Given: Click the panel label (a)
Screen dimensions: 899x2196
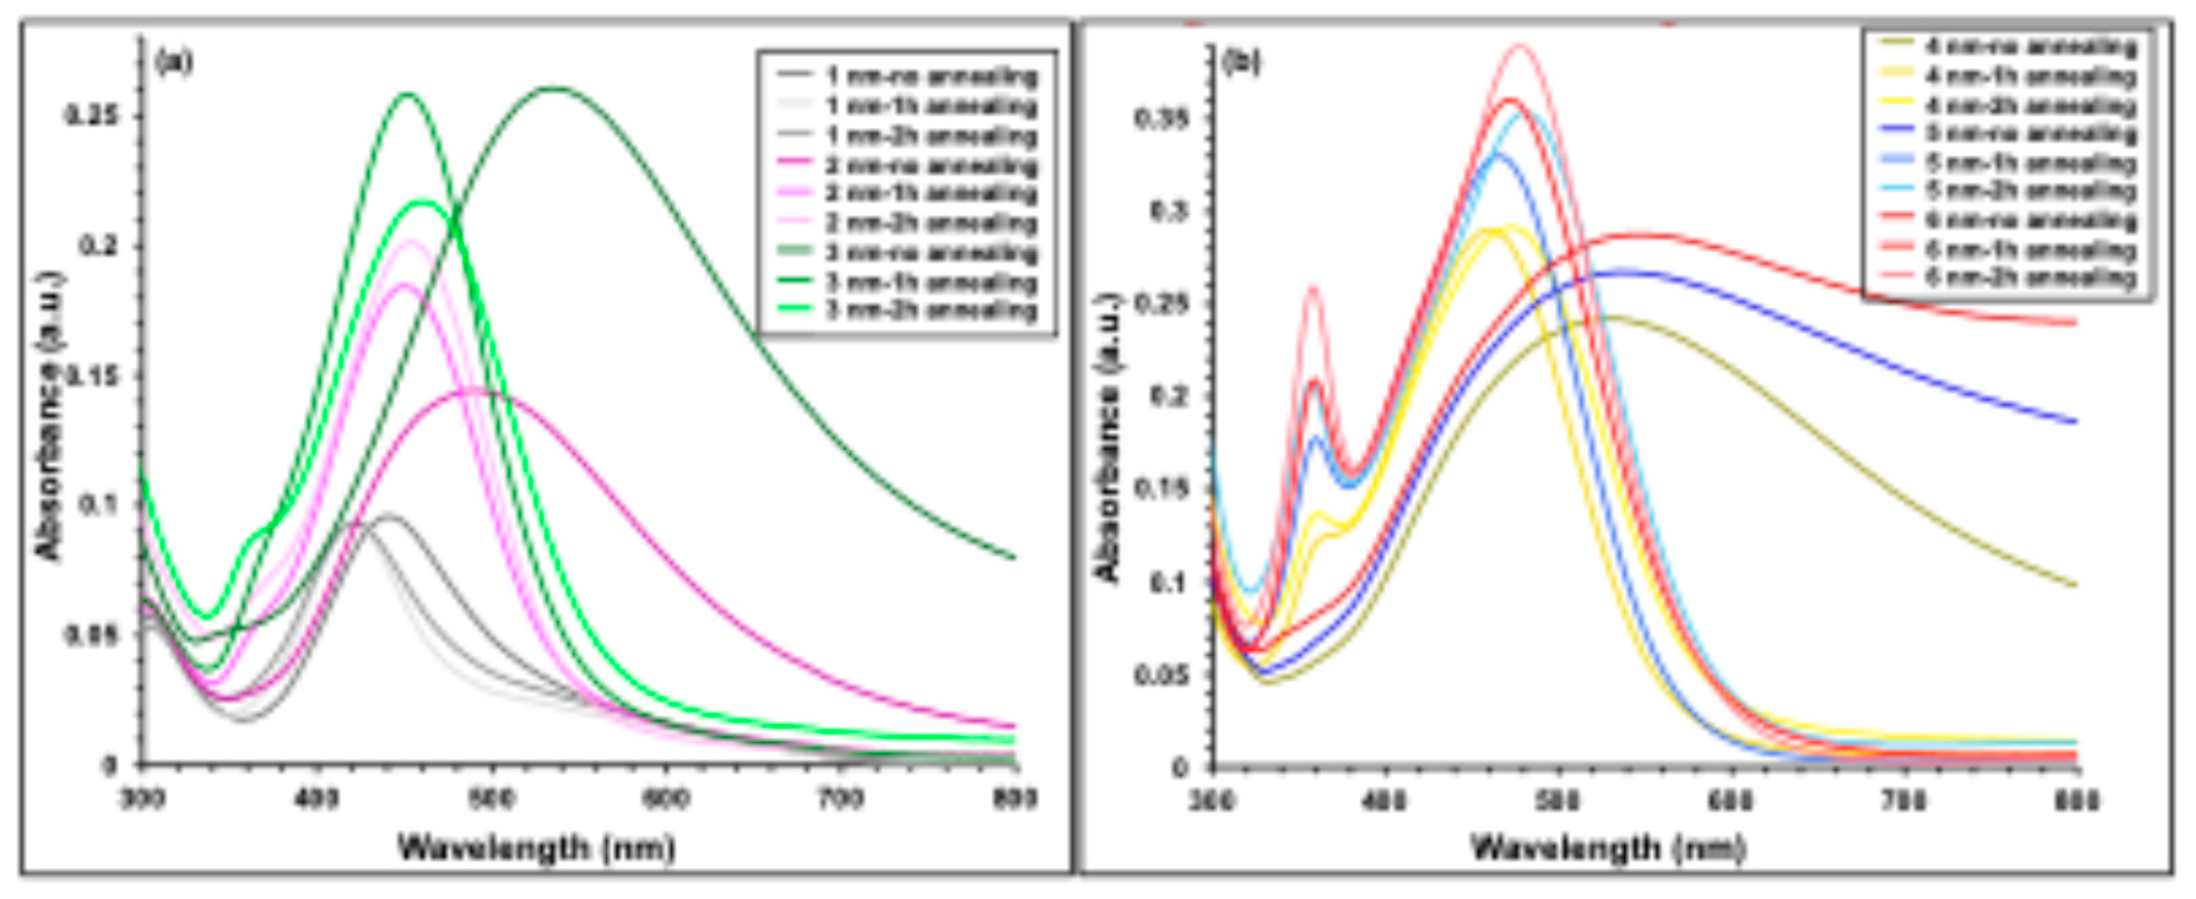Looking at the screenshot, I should pyautogui.click(x=173, y=62).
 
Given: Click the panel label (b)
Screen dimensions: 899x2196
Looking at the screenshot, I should pyautogui.click(x=1242, y=62).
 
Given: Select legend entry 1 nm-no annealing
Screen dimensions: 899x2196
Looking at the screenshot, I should pyautogui.click(x=931, y=77).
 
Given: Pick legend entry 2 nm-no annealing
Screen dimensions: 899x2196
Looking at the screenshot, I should pyautogui.click(x=931, y=165).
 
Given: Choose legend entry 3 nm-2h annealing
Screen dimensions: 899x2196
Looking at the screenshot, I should pyautogui.click(x=931, y=311).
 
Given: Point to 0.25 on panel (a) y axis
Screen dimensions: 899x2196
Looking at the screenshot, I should pyautogui.click(x=92, y=116).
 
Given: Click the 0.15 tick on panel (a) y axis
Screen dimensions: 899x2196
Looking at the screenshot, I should pyautogui.click(x=92, y=376).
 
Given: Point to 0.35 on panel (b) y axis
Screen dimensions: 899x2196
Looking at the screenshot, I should pyautogui.click(x=1161, y=118).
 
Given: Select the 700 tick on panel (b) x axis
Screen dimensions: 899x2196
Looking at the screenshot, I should pyautogui.click(x=1903, y=801).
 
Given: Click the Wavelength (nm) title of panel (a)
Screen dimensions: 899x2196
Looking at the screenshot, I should pyautogui.click(x=537, y=848).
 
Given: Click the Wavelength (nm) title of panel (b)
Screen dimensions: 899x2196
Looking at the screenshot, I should pyautogui.click(x=1609, y=848).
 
